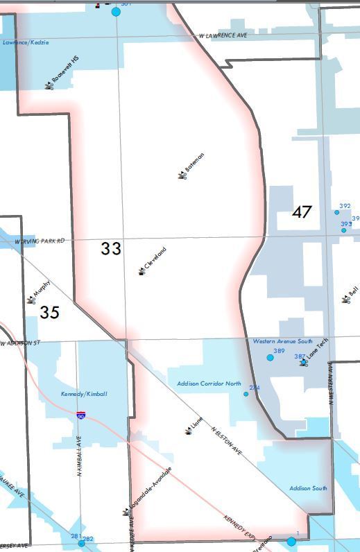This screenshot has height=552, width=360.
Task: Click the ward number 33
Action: click(111, 248)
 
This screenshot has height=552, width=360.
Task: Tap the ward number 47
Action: click(302, 212)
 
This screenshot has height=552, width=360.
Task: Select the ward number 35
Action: click(49, 313)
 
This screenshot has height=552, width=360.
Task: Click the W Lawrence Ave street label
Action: click(223, 35)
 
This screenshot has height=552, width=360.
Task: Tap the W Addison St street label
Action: click(21, 343)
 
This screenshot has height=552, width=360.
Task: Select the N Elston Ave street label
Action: click(227, 440)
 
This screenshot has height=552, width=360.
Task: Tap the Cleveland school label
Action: click(155, 259)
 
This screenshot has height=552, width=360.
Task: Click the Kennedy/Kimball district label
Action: click(84, 394)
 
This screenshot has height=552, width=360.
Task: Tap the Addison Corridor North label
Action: click(209, 383)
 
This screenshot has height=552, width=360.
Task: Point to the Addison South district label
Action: click(308, 488)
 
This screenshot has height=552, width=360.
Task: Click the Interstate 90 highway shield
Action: click(81, 415)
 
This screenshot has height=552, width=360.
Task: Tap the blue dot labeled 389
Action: click(270, 357)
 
